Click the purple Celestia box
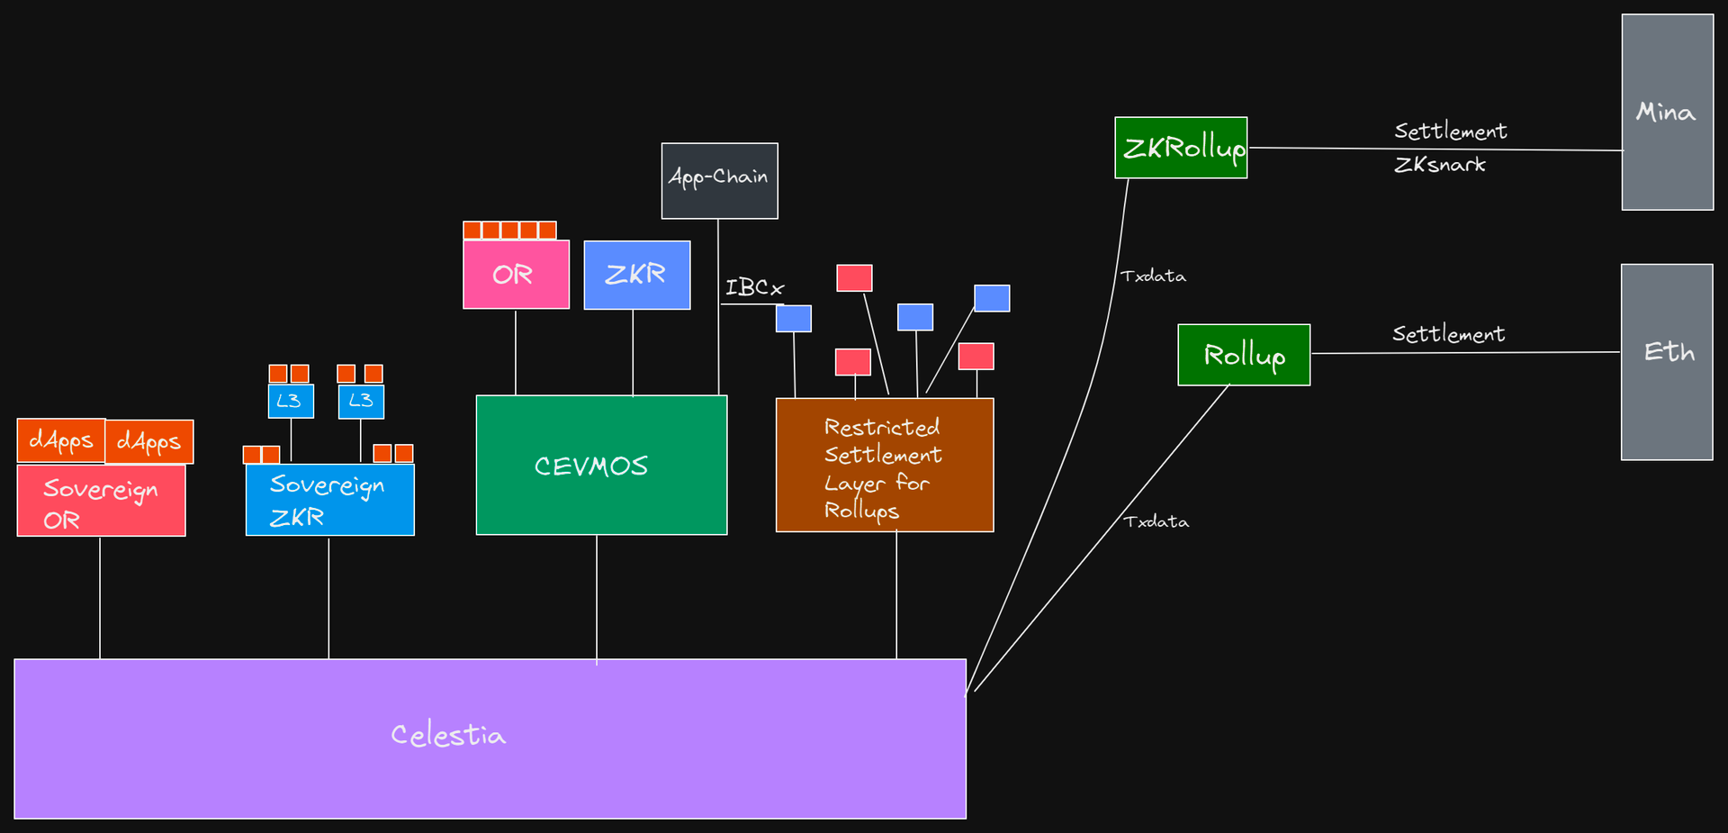(x=490, y=738)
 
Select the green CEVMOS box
(x=601, y=465)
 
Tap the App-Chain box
(x=720, y=180)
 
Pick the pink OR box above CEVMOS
(x=517, y=275)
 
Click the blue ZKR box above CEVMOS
(x=637, y=275)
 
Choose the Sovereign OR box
(x=101, y=501)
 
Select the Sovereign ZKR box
(x=330, y=500)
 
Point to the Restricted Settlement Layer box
(x=885, y=465)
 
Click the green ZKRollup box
(x=1181, y=148)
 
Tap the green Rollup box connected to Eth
(x=1244, y=355)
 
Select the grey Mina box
(x=1668, y=112)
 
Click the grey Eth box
(x=1667, y=362)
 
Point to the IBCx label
(x=755, y=288)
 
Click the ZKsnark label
(x=1440, y=165)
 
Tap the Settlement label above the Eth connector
(x=1448, y=334)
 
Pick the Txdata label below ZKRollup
(x=1153, y=276)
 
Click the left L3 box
(x=291, y=401)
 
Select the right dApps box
(x=149, y=441)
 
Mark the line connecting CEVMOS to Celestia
(x=597, y=597)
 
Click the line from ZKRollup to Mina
(x=1435, y=149)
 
